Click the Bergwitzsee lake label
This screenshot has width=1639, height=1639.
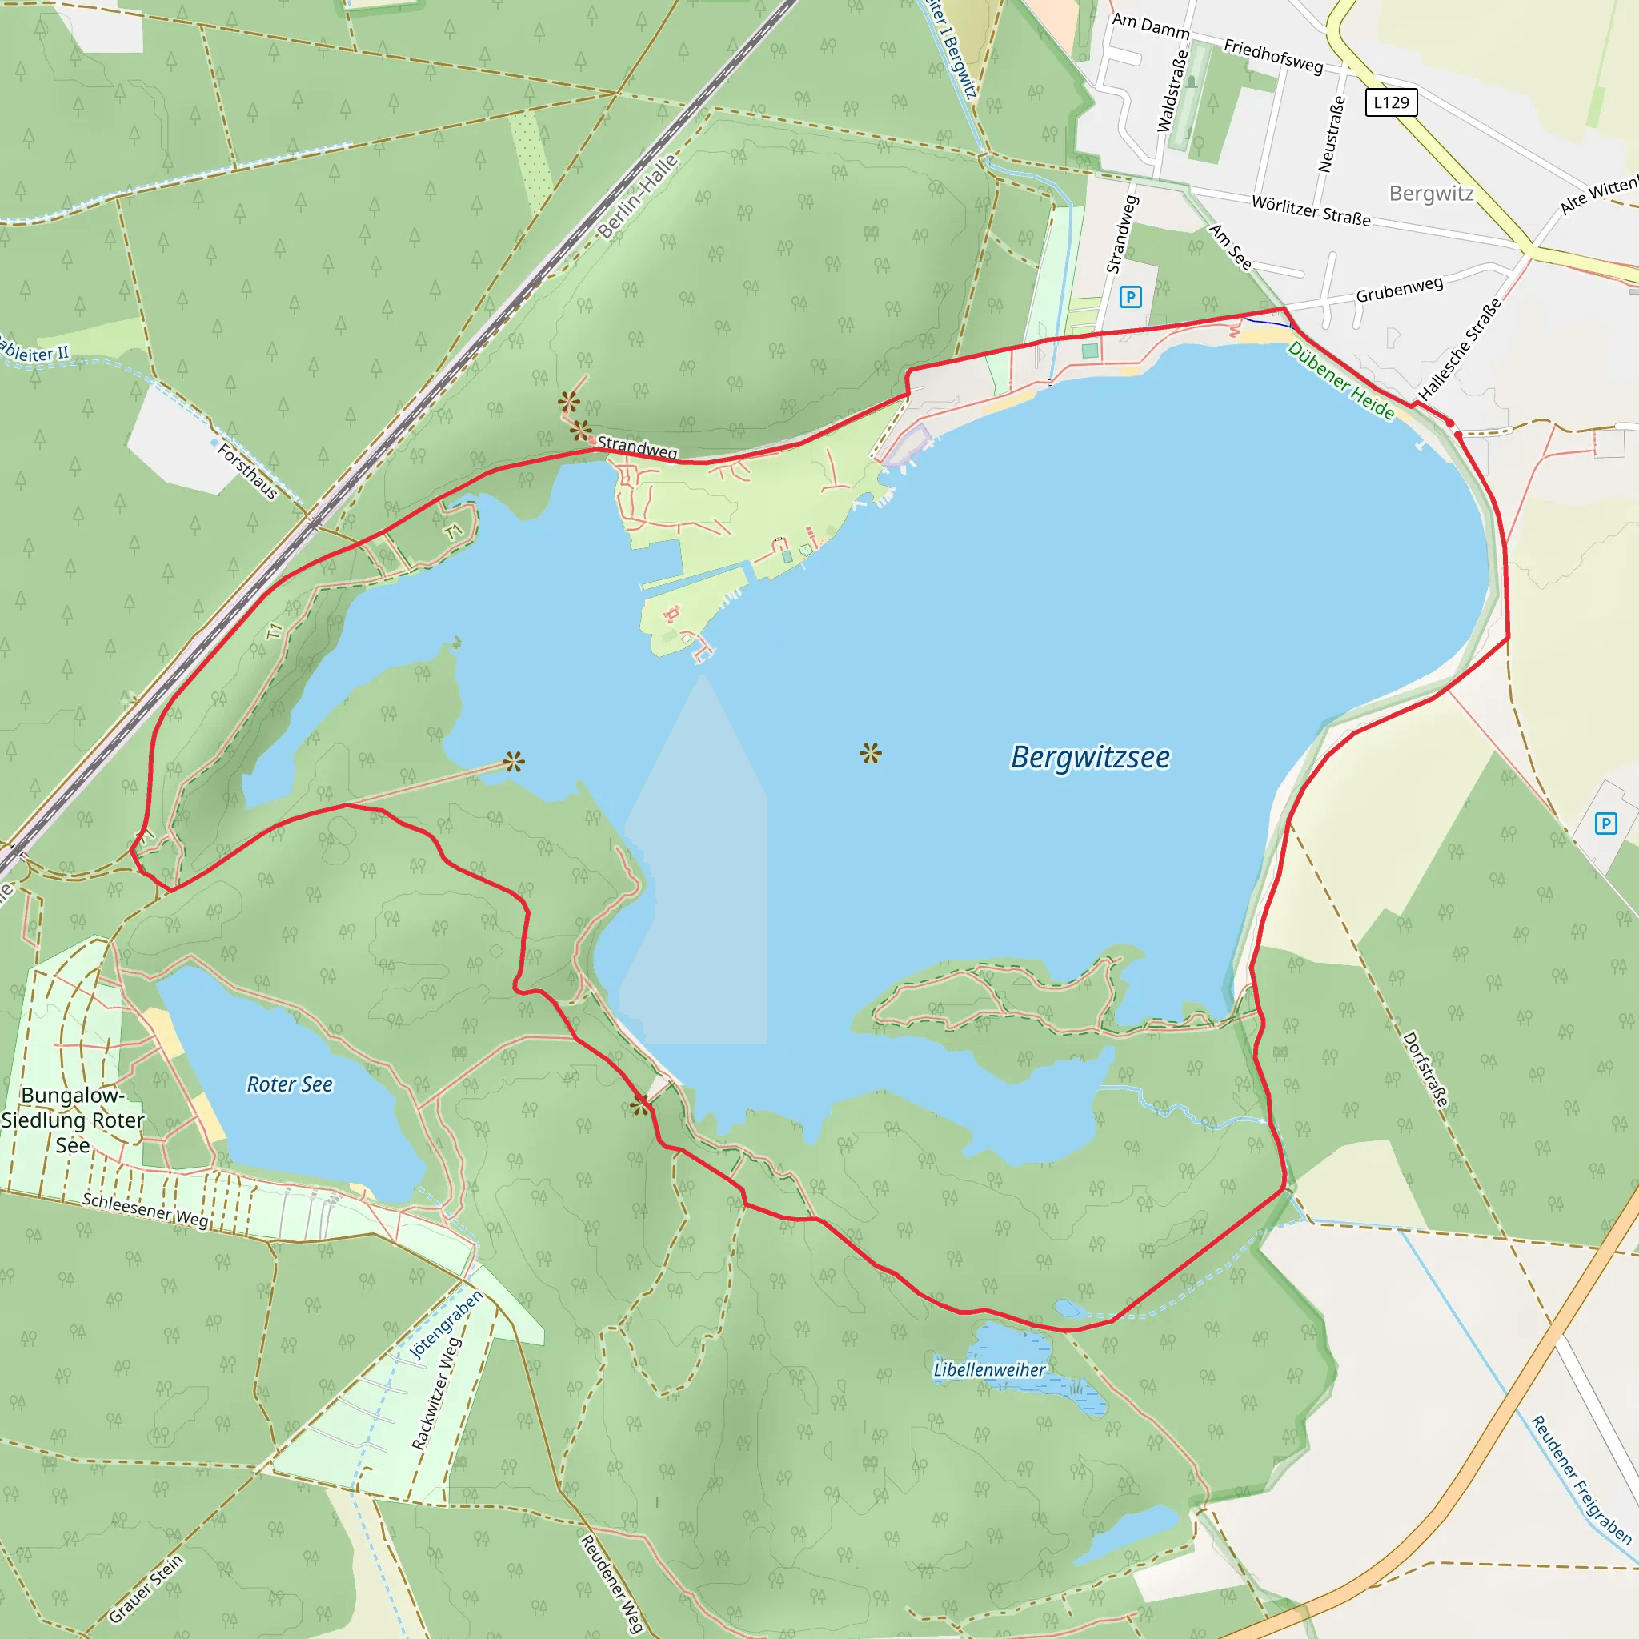pyautogui.click(x=1090, y=757)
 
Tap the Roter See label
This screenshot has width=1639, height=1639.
pyautogui.click(x=289, y=1084)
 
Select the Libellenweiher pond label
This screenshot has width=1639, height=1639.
pyautogui.click(x=989, y=1369)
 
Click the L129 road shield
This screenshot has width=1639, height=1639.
pyautogui.click(x=1391, y=102)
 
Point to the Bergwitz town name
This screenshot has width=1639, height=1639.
pyautogui.click(x=1431, y=194)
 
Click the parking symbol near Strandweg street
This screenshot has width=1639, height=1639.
pyautogui.click(x=1130, y=297)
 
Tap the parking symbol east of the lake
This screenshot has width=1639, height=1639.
pyautogui.click(x=1606, y=823)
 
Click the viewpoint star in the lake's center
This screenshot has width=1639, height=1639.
pyautogui.click(x=871, y=752)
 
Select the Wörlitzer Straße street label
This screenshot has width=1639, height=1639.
pyautogui.click(x=1312, y=211)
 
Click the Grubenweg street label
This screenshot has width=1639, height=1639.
pyautogui.click(x=1399, y=289)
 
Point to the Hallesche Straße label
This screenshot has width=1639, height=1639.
pyautogui.click(x=1460, y=349)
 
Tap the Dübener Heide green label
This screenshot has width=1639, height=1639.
pyautogui.click(x=1341, y=381)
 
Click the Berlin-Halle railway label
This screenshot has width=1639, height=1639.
pyautogui.click(x=638, y=197)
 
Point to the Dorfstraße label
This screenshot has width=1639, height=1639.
pyautogui.click(x=1425, y=1069)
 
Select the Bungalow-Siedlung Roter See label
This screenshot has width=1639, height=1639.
pyautogui.click(x=73, y=1120)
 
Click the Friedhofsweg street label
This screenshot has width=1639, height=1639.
pyautogui.click(x=1272, y=55)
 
